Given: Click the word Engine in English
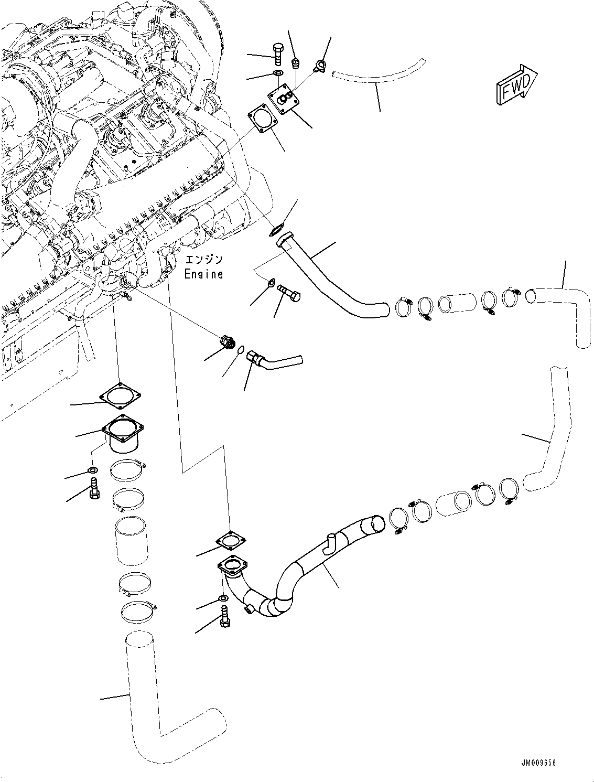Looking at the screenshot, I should tap(203, 274).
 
